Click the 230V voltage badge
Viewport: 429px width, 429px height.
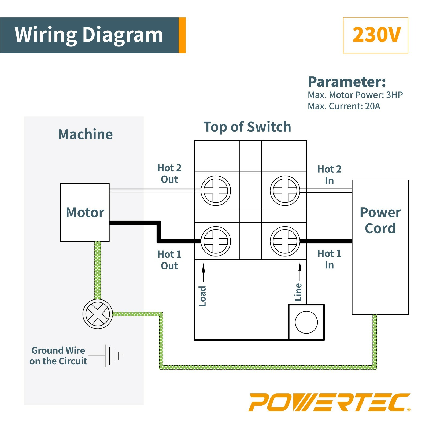click(x=375, y=35)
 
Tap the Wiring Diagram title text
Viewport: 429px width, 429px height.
click(x=89, y=35)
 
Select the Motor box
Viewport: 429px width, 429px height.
click(x=85, y=212)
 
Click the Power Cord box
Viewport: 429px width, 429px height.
click(x=380, y=247)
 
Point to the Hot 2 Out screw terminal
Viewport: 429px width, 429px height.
click(x=216, y=191)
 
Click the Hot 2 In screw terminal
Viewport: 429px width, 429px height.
click(x=285, y=191)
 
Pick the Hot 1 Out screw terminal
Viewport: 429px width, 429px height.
click(x=216, y=241)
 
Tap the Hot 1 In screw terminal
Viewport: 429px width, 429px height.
click(x=285, y=241)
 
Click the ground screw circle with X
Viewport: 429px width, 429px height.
click(x=98, y=314)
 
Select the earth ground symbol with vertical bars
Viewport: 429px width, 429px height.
click(x=114, y=356)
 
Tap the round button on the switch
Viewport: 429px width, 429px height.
click(x=306, y=322)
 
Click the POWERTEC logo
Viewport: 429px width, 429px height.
click(x=329, y=402)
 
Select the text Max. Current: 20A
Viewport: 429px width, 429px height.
click(x=344, y=106)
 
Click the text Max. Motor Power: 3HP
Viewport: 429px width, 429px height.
click(x=355, y=95)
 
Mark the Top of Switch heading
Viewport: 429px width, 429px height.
click(x=247, y=127)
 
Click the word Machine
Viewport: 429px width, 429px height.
click(x=85, y=134)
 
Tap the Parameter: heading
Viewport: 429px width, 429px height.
click(x=347, y=82)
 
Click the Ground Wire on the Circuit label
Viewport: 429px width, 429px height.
click(x=58, y=356)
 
